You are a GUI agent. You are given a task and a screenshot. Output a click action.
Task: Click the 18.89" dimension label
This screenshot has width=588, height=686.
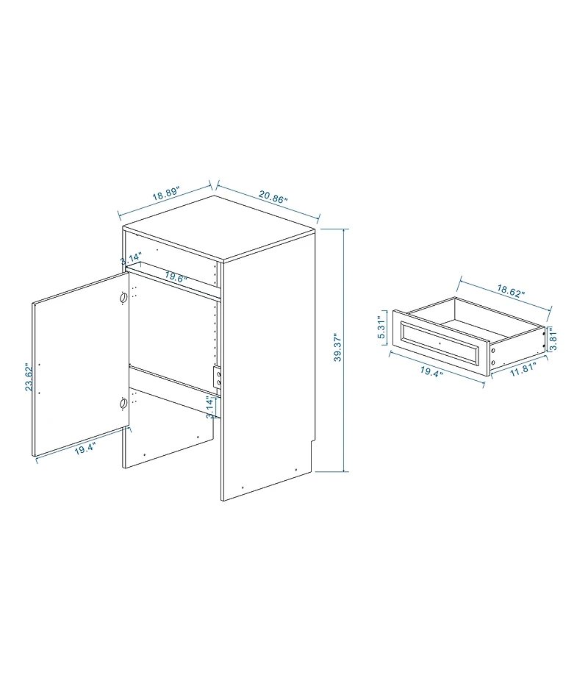tap(166, 196)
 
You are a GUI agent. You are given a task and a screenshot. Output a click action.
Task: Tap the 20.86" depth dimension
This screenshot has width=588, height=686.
tap(273, 196)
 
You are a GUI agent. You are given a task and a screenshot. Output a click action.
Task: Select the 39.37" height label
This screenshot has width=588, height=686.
tap(337, 348)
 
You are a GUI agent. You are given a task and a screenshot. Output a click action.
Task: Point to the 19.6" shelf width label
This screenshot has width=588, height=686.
tap(176, 277)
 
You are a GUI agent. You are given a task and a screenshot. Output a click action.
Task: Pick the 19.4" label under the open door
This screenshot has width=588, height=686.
tap(85, 449)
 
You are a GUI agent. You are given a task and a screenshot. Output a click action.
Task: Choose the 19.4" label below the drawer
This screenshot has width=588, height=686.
tap(431, 371)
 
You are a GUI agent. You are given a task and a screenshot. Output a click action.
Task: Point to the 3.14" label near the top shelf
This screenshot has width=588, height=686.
tap(131, 260)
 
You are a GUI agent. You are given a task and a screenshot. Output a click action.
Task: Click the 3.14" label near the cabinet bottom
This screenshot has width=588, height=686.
tap(209, 407)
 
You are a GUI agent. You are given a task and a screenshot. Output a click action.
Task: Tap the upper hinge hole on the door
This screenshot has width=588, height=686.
tap(123, 298)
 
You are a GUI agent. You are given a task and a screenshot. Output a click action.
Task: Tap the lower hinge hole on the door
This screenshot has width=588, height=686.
tap(123, 403)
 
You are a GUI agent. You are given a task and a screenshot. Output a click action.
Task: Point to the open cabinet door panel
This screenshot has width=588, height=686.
tap(79, 365)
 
